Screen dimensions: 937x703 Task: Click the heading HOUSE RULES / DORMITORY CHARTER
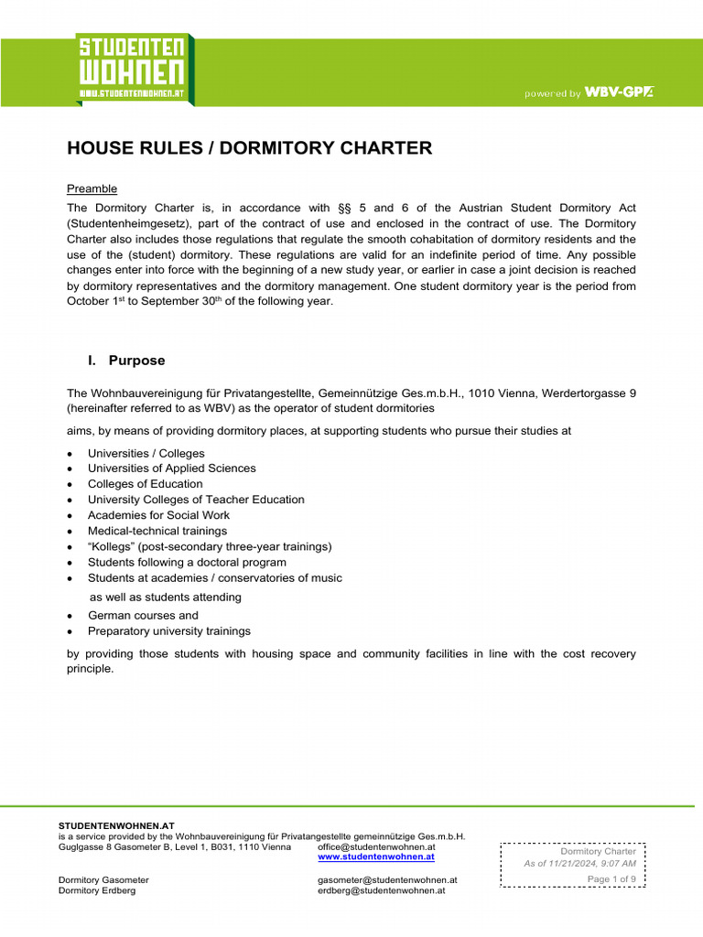[249, 148]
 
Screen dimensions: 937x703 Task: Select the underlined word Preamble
[92, 188]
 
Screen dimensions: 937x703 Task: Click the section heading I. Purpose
[126, 361]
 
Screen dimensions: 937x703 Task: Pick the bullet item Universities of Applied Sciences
[171, 468]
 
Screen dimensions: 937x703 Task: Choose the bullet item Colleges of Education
[145, 484]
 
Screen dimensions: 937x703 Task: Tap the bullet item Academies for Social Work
[158, 515]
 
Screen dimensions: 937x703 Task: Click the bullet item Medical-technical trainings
[157, 531]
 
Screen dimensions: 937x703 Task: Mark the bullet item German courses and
[143, 616]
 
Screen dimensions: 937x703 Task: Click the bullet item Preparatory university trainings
[168, 631]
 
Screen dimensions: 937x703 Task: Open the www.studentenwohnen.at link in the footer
[375, 857]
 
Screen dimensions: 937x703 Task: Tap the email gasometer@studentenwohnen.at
[386, 880]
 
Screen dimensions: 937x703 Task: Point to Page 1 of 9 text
[611, 879]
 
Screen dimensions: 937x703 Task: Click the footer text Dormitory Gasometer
[103, 880]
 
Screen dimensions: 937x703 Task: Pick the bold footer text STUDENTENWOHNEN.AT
[116, 825]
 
